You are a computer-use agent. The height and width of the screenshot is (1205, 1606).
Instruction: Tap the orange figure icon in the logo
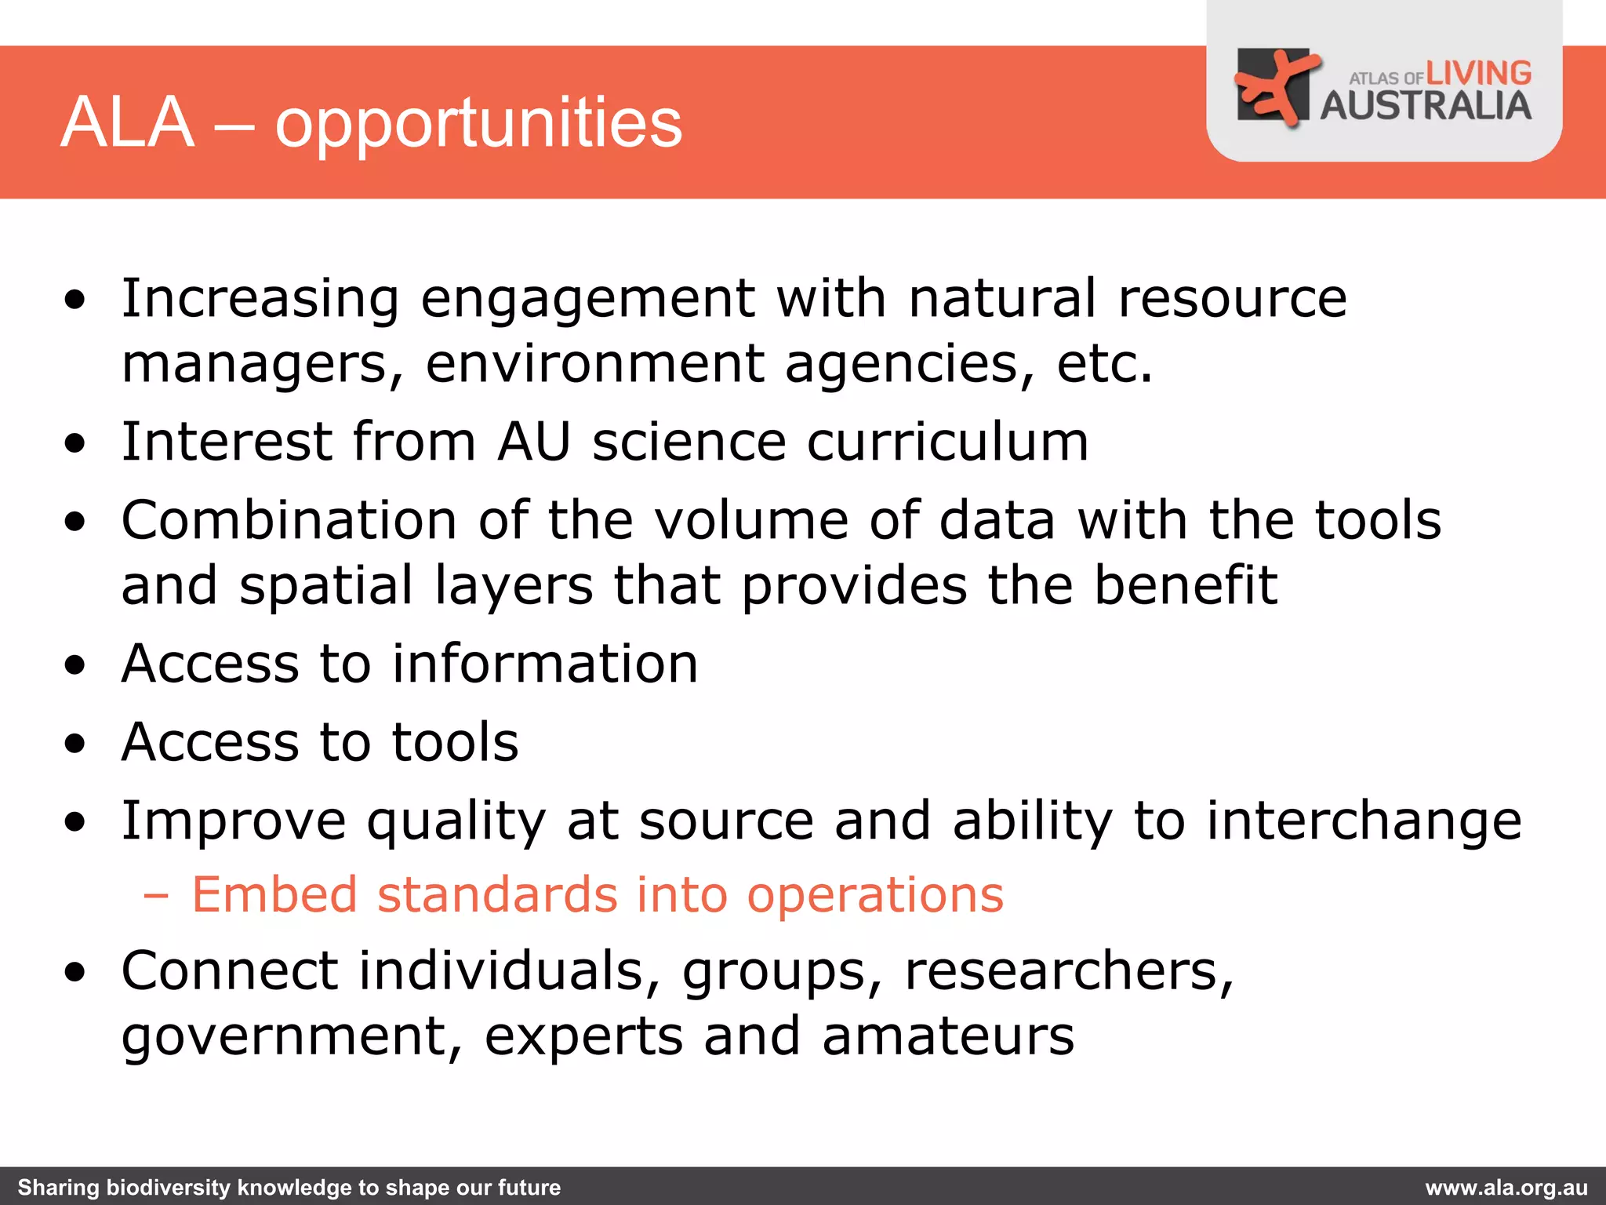1274,86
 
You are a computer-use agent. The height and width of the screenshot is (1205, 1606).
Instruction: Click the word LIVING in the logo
1478,74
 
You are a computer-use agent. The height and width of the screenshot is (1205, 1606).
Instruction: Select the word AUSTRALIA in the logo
1426,106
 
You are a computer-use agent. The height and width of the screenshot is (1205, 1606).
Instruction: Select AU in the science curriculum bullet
534,442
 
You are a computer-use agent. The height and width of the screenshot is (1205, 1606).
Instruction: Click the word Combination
289,520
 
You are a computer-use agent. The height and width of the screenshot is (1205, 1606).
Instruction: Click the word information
545,664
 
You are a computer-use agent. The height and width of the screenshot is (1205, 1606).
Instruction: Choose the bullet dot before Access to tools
75,744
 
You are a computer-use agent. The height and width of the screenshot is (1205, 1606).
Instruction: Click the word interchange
1364,821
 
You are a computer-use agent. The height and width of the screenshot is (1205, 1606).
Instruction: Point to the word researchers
1069,971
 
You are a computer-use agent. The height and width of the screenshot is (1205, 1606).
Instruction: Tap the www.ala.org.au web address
1506,1188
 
